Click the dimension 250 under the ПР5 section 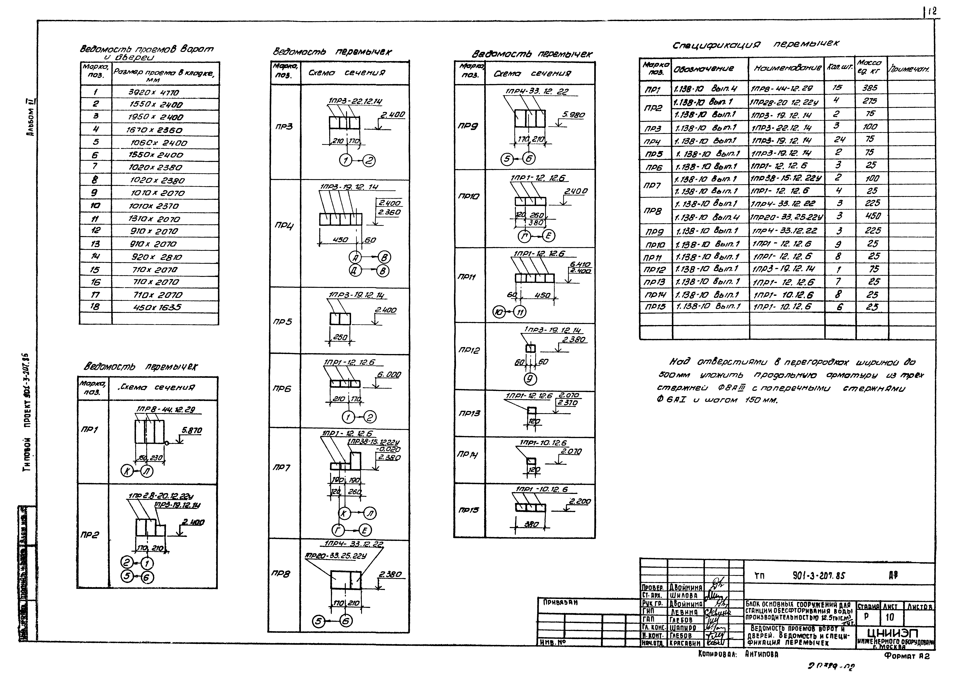click(340, 337)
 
